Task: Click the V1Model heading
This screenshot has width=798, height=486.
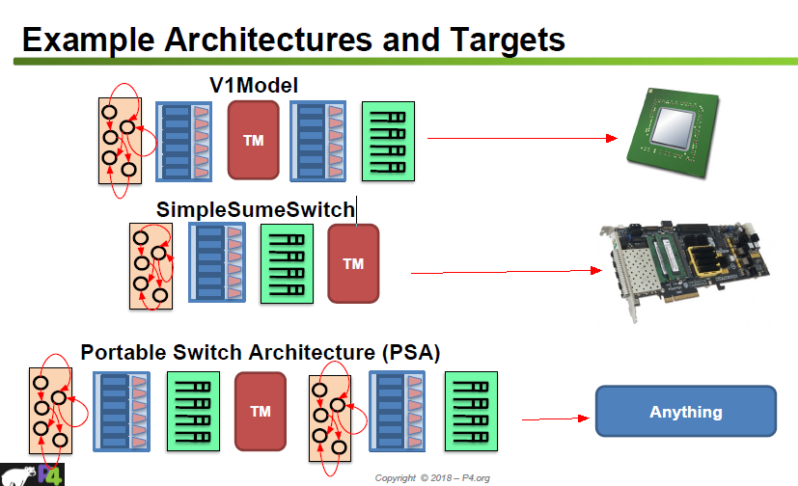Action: coord(254,84)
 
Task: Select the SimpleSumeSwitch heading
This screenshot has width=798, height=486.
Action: coord(256,208)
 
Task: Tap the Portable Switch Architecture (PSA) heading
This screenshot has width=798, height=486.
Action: coord(261,353)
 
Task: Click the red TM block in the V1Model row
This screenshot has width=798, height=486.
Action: coord(254,140)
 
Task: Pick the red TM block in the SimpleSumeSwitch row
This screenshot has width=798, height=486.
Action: coord(353,263)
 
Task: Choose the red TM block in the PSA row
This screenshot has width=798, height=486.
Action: coord(261,411)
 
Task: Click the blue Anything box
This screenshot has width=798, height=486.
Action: coord(685,412)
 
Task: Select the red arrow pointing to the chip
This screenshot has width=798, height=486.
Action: coord(521,138)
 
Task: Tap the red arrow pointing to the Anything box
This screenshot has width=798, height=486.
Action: coord(555,418)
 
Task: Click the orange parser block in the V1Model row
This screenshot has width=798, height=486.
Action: coord(120,141)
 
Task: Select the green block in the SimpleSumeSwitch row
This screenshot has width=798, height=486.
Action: coord(287,263)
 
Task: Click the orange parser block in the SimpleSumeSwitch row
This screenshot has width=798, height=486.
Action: coord(151,266)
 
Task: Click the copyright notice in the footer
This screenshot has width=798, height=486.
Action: coord(432,478)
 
